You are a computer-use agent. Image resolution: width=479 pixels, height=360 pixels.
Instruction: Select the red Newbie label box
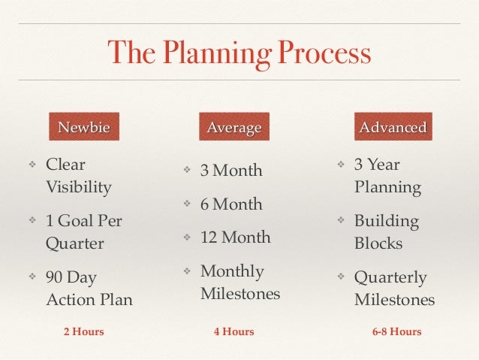[84, 128]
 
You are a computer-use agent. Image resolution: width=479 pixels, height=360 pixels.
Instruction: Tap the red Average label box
[234, 128]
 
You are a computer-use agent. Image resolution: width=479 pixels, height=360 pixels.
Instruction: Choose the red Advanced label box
[393, 128]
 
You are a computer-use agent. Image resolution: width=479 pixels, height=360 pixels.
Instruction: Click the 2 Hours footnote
[83, 331]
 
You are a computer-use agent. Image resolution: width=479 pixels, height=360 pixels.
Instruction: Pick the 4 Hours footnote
[234, 331]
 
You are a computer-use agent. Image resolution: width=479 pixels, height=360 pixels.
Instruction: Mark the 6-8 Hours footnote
[396, 331]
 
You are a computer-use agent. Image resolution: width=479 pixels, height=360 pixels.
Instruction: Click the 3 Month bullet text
[231, 171]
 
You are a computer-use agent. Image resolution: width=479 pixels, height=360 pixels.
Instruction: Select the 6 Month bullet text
[231, 204]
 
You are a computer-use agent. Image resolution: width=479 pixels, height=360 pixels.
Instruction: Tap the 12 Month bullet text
[235, 237]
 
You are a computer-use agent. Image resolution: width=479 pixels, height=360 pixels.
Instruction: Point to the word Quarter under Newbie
[75, 244]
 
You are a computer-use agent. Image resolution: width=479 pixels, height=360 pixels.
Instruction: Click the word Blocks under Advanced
[378, 244]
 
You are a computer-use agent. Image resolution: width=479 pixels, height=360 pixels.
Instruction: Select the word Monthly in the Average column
[232, 271]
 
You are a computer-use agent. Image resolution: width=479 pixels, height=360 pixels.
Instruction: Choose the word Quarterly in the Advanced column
[390, 277]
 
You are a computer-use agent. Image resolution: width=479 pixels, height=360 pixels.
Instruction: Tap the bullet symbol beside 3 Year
[340, 165]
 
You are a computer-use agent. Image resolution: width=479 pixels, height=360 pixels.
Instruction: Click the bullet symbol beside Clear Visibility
[32, 165]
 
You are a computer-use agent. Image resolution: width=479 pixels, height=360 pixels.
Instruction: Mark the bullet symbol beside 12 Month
[187, 238]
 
